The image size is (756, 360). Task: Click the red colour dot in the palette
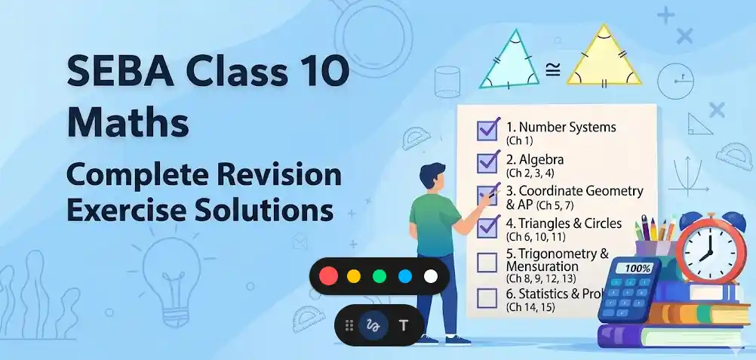coord(328,276)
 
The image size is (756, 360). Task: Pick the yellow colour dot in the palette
coord(353,276)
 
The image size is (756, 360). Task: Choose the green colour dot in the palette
coord(379,276)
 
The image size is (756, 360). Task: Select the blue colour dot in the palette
coord(404,276)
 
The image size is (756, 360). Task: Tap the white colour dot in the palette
coord(430,276)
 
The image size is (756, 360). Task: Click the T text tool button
coord(403,325)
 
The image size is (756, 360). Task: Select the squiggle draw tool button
coord(372,325)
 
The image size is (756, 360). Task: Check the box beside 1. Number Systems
coord(487,130)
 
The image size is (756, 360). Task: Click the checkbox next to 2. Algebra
coord(487,162)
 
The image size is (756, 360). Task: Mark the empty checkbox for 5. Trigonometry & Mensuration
coord(487,263)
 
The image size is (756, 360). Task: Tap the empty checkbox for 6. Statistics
coord(487,297)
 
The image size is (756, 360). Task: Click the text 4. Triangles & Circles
coord(564,223)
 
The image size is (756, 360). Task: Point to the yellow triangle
coord(604,60)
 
